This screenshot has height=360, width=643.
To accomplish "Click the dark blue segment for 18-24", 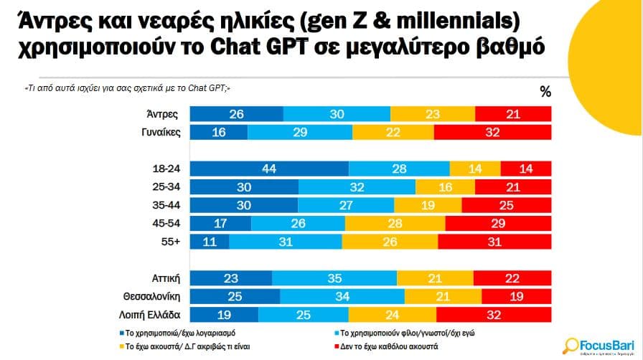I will pos(270,168).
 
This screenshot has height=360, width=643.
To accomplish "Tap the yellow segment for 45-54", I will pos(393,223).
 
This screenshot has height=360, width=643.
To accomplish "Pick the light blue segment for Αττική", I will pos(334,278).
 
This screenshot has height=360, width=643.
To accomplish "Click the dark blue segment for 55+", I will pos(210,242).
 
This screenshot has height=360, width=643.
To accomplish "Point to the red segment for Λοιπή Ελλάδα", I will pos(493,314).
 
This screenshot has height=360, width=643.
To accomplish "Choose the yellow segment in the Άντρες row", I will pos(433,114).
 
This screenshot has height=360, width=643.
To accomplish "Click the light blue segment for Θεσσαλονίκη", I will pos(342,296).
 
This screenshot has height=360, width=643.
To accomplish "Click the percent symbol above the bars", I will pos(545,91).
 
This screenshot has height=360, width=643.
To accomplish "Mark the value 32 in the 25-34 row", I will pos(357,186).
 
